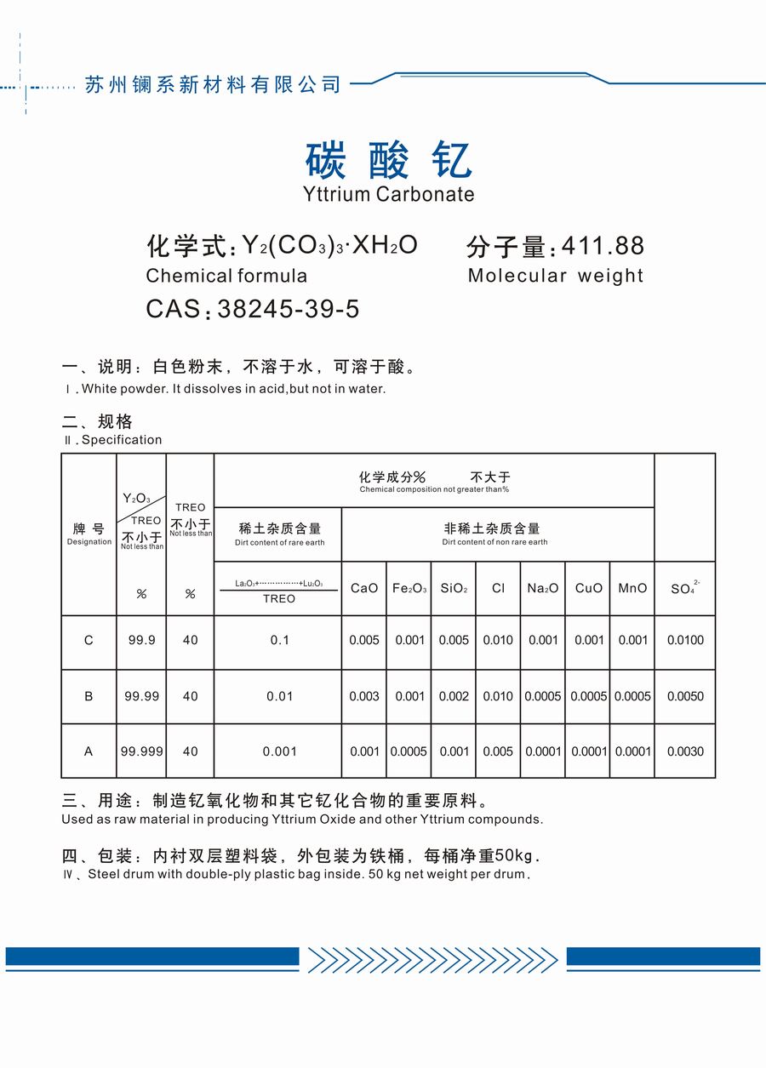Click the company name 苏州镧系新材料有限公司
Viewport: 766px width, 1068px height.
point(213,84)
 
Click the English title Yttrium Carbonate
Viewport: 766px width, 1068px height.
point(389,194)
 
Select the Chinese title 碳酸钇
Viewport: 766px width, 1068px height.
point(388,160)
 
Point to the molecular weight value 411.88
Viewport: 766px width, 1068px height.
point(603,246)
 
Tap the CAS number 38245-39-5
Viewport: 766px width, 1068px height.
point(289,309)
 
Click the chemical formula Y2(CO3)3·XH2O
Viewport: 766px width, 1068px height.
point(329,245)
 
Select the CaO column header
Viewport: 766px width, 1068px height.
point(364,588)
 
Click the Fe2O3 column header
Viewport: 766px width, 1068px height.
point(409,588)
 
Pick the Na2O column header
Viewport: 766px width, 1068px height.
point(543,588)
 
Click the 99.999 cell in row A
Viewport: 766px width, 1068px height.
point(141,751)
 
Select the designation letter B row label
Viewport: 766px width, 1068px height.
point(89,696)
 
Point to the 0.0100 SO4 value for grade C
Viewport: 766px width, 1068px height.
point(685,641)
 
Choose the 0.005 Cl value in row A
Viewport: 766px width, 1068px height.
point(498,751)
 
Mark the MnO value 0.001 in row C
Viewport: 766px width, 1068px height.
point(632,641)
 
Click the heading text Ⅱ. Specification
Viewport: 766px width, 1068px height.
point(112,440)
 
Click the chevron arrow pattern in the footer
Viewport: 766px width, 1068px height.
point(432,959)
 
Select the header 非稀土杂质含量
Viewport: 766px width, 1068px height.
point(492,528)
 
